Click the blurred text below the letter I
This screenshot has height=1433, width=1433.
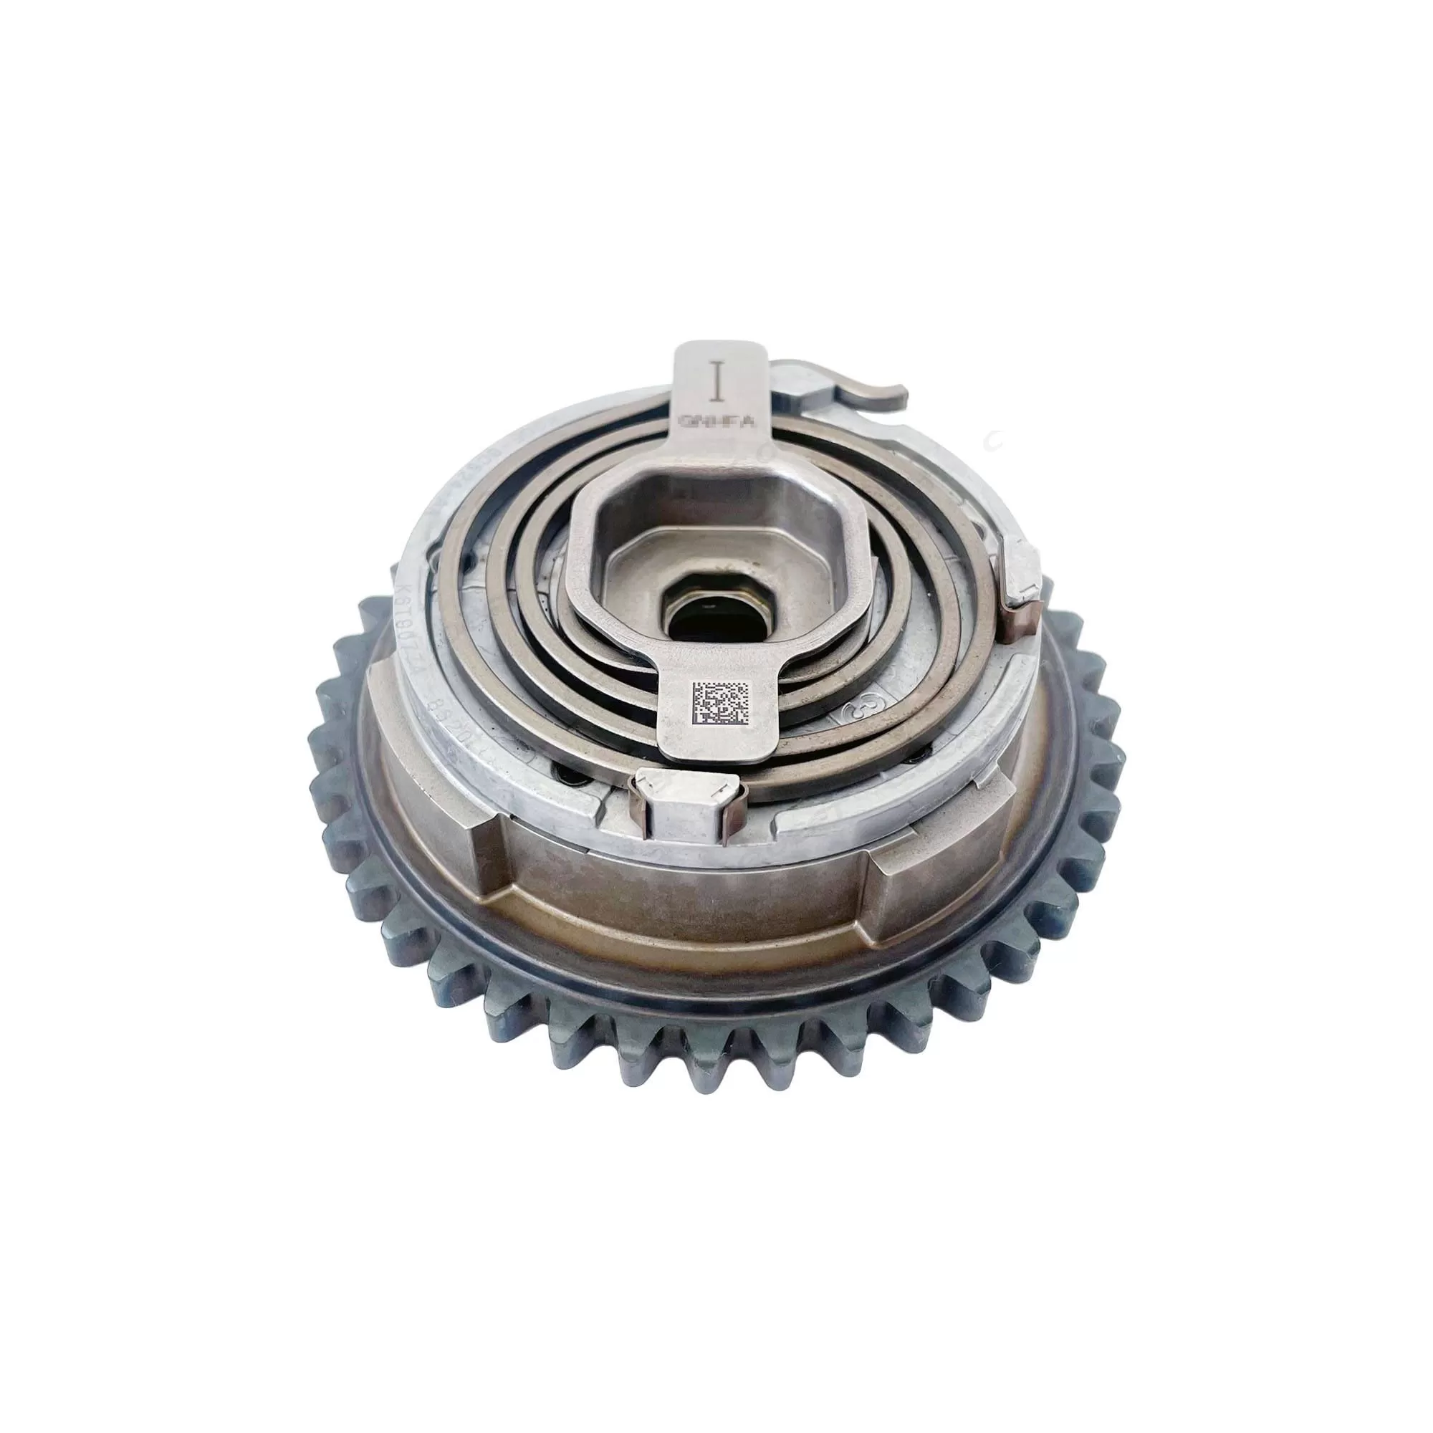[x=717, y=421]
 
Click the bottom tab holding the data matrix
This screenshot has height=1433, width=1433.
[x=716, y=716]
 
